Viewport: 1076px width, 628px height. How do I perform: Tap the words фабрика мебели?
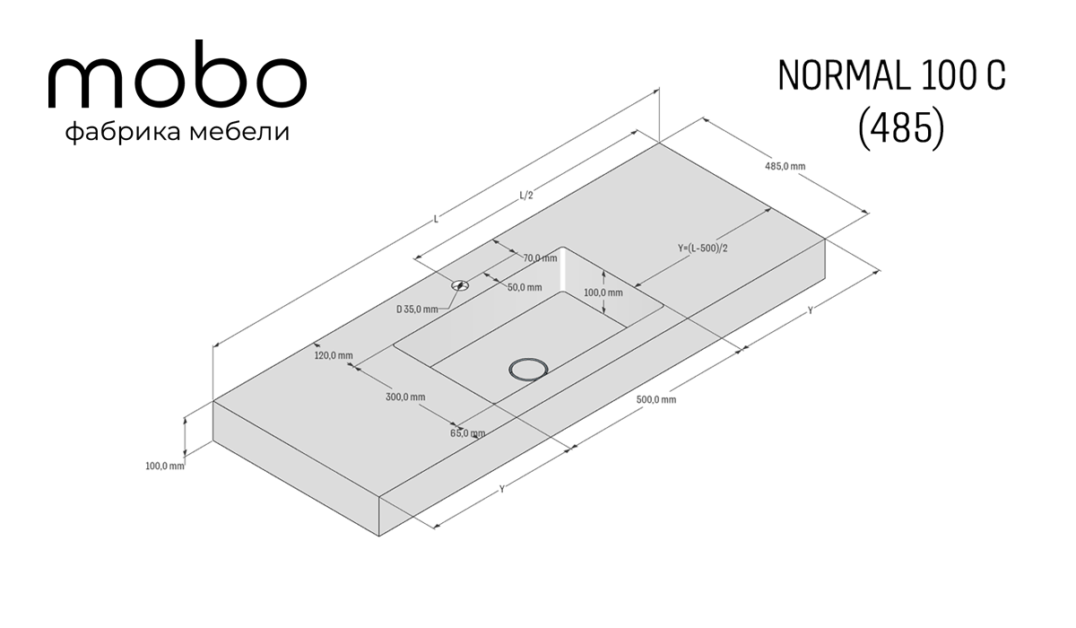178,132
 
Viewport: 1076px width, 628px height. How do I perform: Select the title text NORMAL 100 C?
891,76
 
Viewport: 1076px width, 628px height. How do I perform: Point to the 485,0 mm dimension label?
785,166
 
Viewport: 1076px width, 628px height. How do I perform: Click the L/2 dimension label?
526,195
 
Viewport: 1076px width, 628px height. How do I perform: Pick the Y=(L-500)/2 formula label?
703,248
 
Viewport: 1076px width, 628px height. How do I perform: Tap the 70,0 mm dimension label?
540,258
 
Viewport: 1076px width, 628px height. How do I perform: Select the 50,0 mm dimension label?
525,287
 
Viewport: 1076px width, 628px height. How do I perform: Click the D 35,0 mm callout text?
417,309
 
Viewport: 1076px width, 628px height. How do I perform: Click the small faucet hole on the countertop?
460,286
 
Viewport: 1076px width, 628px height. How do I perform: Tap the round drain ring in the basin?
528,370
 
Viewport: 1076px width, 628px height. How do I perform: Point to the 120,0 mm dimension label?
334,355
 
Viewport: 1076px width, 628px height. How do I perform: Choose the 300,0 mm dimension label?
405,397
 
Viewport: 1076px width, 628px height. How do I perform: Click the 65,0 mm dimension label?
467,433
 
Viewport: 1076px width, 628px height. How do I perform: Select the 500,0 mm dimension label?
656,399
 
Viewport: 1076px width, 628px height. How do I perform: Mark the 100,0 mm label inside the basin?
603,292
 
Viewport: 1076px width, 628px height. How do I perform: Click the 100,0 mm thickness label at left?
165,466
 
